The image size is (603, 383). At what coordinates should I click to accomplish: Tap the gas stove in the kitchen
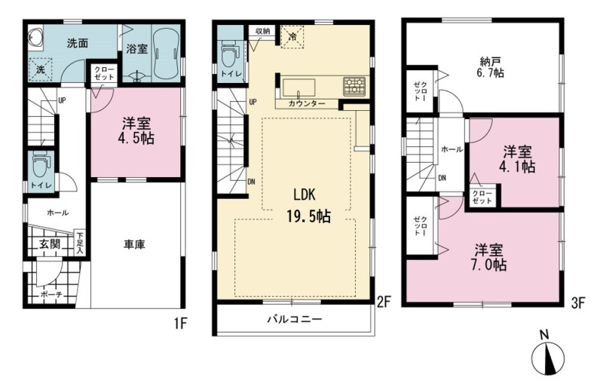(x=354, y=86)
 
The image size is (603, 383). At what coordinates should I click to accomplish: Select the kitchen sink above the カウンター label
(x=298, y=88)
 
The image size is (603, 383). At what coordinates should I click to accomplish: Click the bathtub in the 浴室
(x=166, y=54)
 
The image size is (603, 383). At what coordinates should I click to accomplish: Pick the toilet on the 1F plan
(x=41, y=165)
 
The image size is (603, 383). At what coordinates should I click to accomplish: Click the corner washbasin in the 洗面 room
(x=35, y=38)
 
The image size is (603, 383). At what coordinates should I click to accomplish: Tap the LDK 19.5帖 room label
(x=308, y=206)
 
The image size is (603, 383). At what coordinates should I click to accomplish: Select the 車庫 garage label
(x=135, y=244)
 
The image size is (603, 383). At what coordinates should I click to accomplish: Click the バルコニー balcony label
(x=295, y=319)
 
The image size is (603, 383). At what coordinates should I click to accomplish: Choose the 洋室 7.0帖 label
(x=489, y=258)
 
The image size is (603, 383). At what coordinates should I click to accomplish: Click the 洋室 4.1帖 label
(x=519, y=160)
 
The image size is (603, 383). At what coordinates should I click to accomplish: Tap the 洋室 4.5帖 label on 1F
(x=136, y=130)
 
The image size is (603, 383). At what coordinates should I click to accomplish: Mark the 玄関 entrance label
(x=50, y=244)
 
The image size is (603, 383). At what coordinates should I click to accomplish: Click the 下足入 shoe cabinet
(x=80, y=243)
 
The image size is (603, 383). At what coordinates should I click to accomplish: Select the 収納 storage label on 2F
(x=262, y=31)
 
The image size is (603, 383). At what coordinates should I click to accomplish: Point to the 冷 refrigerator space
(x=292, y=37)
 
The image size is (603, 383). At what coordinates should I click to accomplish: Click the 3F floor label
(x=577, y=303)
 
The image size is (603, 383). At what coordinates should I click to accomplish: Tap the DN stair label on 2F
(x=251, y=182)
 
